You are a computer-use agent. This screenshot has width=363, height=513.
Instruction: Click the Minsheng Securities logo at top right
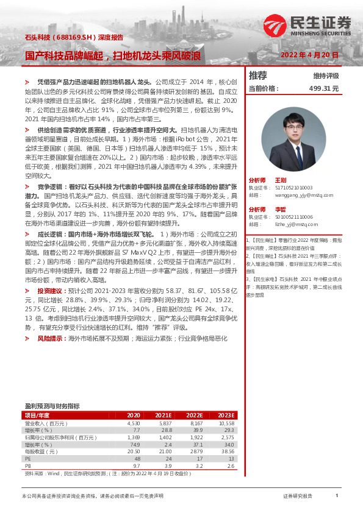307,26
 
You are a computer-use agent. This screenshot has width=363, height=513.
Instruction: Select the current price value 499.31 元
323,88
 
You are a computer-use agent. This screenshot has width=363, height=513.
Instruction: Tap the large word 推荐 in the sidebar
258,76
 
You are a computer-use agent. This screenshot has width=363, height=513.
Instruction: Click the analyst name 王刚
281,180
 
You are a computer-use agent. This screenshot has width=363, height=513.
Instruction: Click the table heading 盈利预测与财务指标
52,405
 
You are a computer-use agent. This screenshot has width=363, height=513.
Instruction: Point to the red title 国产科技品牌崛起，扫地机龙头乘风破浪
113,55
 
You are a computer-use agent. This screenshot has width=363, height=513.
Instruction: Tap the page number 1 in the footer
336,496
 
